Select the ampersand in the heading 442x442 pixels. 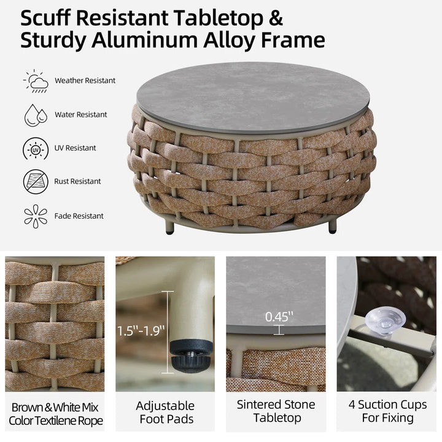pyautogui.click(x=276, y=18)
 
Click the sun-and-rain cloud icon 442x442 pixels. pyautogui.click(x=36, y=81)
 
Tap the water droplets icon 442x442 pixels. pyautogui.click(x=36, y=115)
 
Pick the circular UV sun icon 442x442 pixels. pyautogui.click(x=36, y=149)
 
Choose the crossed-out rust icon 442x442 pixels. pyautogui.click(x=36, y=182)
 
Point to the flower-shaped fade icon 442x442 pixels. pyautogui.click(x=36, y=216)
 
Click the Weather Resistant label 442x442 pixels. pyautogui.click(x=85, y=80)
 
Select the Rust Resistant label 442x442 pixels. pyautogui.click(x=77, y=181)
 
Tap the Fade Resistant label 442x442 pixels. pyautogui.click(x=79, y=216)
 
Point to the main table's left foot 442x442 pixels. pyautogui.click(x=169, y=227)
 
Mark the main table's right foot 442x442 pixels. pyautogui.click(x=333, y=227)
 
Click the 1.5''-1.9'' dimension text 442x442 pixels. pyautogui.click(x=141, y=331)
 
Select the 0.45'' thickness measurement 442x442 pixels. pyautogui.click(x=279, y=317)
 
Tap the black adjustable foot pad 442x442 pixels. pyautogui.click(x=191, y=355)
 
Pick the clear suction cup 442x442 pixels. pyautogui.click(x=385, y=321)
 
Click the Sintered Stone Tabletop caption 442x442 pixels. pyautogui.click(x=276, y=411)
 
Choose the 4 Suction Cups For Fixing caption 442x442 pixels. pyautogui.click(x=387, y=411)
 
